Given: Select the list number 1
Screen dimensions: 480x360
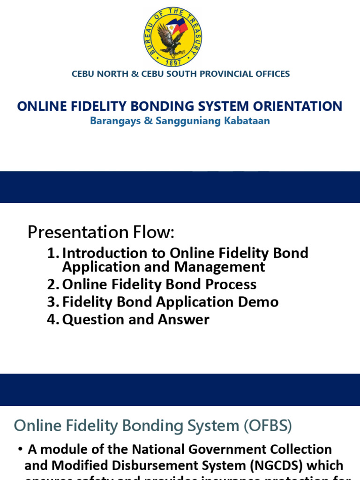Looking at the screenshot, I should (52, 253).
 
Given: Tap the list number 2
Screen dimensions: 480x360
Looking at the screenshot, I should (52, 285).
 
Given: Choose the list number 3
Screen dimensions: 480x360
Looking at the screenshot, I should (52, 302).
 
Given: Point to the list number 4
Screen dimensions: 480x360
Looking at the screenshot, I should (52, 320).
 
